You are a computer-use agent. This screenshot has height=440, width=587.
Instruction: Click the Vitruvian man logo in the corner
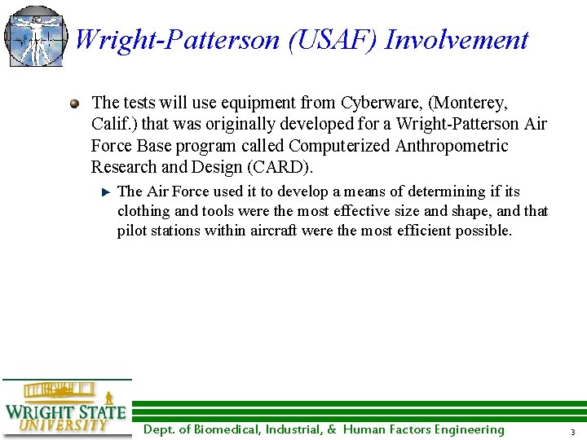point(35,37)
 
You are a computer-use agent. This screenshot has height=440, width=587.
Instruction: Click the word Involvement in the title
point(457,39)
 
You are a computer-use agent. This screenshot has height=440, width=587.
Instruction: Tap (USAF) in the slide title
point(333,39)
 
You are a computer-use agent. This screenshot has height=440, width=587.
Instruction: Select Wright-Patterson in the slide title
point(178,39)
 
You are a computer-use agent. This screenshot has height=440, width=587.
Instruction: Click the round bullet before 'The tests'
point(75,104)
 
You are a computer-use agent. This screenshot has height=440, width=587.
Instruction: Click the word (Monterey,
point(469,103)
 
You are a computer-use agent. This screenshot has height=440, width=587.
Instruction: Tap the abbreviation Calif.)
point(115,125)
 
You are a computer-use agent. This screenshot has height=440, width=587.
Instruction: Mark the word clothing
point(143,212)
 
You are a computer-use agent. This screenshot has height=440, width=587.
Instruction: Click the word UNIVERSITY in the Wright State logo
point(64,425)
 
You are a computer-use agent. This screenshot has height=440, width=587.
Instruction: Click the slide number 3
point(573,431)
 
